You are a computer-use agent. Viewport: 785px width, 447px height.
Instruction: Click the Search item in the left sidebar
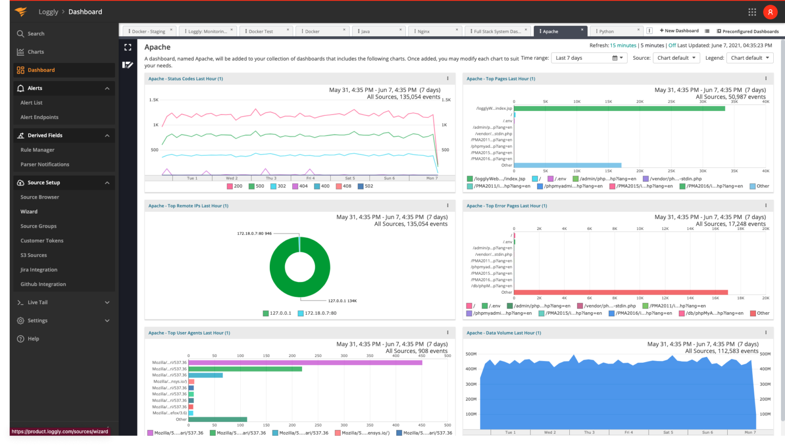pyautogui.click(x=35, y=34)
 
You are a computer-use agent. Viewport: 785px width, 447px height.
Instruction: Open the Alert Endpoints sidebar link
pyautogui.click(x=39, y=117)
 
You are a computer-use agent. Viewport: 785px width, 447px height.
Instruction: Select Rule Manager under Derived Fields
pyautogui.click(x=37, y=150)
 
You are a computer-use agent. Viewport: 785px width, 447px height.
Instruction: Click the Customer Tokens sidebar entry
pyautogui.click(x=42, y=241)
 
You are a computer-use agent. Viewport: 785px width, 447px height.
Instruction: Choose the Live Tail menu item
pyautogui.click(x=37, y=302)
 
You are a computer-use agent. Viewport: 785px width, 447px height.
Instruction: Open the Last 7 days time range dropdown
pyautogui.click(x=589, y=58)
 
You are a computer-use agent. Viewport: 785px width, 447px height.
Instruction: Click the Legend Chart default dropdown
pyautogui.click(x=749, y=58)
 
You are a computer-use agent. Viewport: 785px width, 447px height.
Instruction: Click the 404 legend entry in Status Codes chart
pyautogui.click(x=300, y=186)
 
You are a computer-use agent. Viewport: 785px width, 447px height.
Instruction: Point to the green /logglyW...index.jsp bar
pyautogui.click(x=619, y=108)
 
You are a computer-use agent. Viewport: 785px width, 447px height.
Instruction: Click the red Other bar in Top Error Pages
pyautogui.click(x=620, y=292)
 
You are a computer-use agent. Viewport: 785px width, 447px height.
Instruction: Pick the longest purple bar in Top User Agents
pyautogui.click(x=305, y=363)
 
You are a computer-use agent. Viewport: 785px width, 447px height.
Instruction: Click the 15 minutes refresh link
pyautogui.click(x=623, y=45)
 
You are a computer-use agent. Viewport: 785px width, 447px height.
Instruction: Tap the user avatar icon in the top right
pyautogui.click(x=770, y=12)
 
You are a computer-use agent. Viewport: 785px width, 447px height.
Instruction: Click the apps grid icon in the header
pyautogui.click(x=752, y=12)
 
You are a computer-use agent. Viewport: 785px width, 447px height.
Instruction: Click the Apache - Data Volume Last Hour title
pyautogui.click(x=503, y=333)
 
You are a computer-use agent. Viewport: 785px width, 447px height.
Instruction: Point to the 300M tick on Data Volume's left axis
pyautogui.click(x=471, y=384)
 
